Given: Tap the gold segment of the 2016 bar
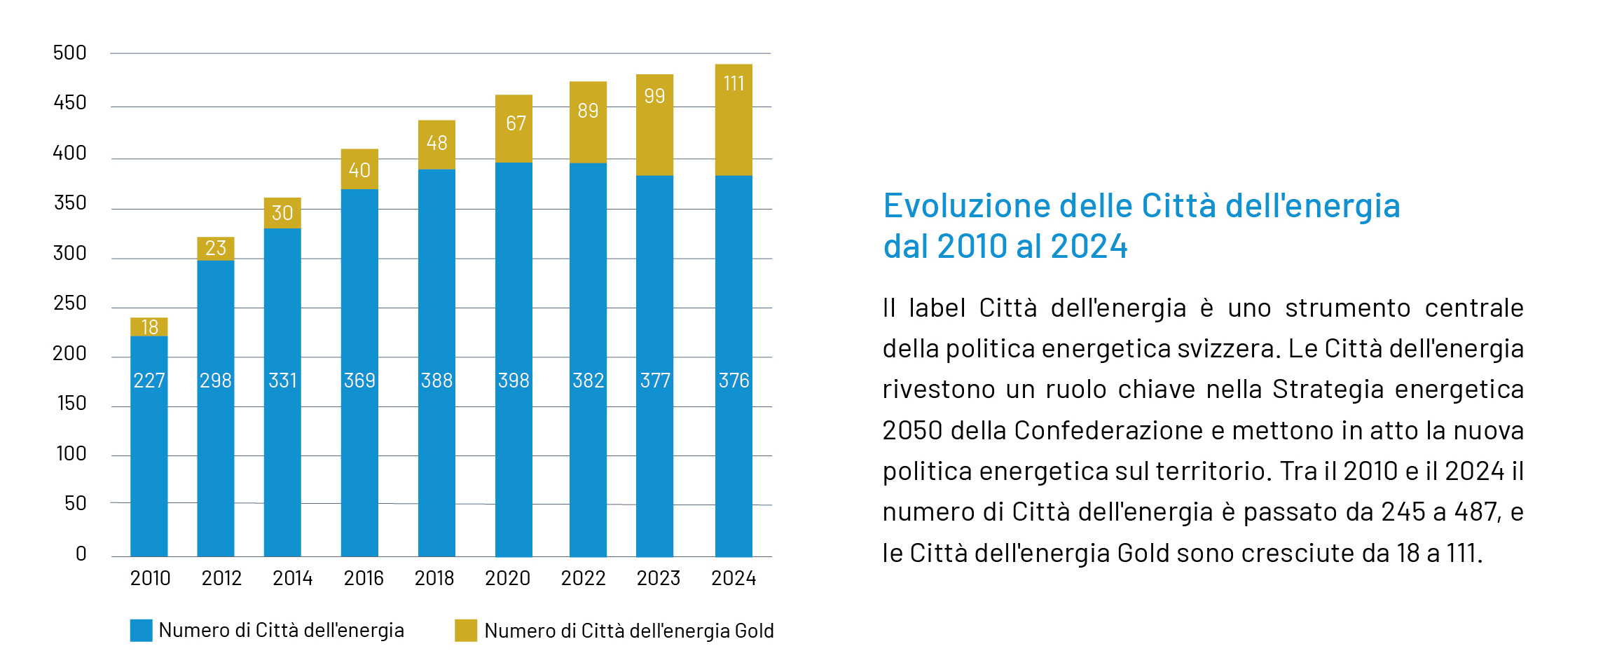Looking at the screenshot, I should click(x=359, y=169).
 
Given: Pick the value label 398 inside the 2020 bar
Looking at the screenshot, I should click(x=514, y=380).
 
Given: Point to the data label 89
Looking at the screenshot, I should click(x=588, y=111).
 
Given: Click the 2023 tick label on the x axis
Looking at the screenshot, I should click(x=658, y=578).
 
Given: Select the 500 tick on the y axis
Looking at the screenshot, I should click(x=70, y=53).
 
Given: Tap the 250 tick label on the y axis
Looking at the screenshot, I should click(x=70, y=303).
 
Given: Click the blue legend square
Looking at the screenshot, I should click(x=141, y=630).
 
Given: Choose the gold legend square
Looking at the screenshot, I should click(x=466, y=630).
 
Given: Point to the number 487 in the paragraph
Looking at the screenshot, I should click(x=1477, y=512).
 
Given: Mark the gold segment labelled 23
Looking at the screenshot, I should click(x=216, y=248).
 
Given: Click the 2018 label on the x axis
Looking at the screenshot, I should click(x=434, y=578).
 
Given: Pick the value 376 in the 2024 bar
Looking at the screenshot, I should click(x=734, y=380).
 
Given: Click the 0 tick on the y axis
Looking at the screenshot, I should click(x=81, y=554).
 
